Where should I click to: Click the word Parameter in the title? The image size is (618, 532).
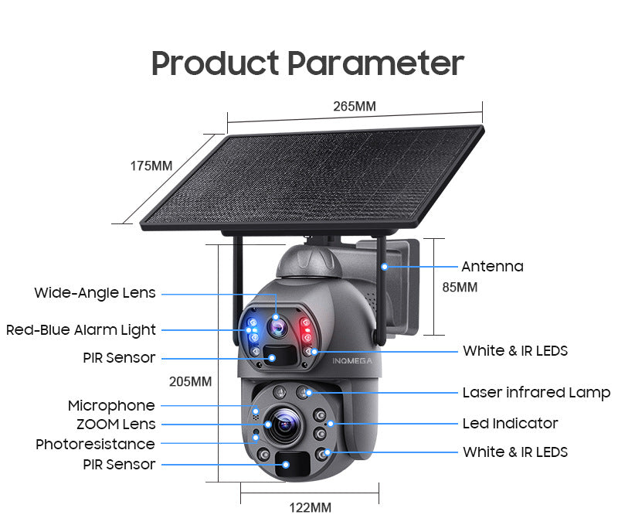[375, 63]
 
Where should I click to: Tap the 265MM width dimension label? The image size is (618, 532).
[355, 106]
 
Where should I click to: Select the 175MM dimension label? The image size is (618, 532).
[151, 165]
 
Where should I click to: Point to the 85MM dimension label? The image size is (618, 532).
[460, 287]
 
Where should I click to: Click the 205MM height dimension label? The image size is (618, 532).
[190, 381]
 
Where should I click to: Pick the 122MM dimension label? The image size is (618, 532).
[310, 507]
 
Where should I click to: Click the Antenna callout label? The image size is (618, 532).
[492, 267]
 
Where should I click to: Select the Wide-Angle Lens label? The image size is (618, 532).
[95, 293]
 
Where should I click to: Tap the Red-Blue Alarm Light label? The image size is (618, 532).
[81, 330]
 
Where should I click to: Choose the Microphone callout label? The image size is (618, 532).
[111, 405]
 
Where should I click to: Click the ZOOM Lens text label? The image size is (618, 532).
[116, 424]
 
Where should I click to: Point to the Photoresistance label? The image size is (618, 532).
[95, 444]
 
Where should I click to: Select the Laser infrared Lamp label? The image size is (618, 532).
[536, 393]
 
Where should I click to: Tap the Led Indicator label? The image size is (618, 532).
[510, 423]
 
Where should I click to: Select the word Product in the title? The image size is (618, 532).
[214, 63]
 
